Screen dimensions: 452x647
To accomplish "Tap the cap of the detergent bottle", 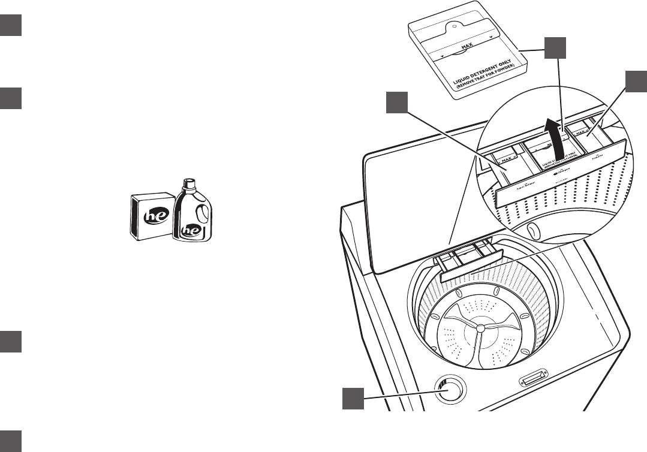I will (189, 182).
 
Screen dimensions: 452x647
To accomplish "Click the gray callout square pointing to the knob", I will (354, 399).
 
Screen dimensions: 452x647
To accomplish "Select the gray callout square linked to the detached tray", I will (555, 47).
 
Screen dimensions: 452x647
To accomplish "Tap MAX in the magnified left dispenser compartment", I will (506, 158).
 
